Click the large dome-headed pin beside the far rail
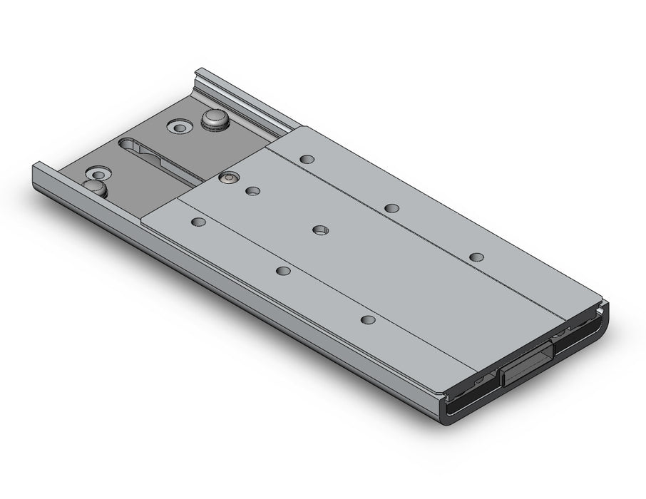click(214, 118)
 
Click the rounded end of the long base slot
click(127, 143)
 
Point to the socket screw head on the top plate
click(227, 178)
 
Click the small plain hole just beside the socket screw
click(252, 190)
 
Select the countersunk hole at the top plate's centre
click(321, 230)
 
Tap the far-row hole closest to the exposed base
click(307, 158)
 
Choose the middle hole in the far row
click(391, 207)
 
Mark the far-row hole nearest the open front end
click(477, 257)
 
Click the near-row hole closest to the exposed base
click(199, 222)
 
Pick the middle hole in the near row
click(284, 270)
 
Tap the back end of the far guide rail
click(202, 73)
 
